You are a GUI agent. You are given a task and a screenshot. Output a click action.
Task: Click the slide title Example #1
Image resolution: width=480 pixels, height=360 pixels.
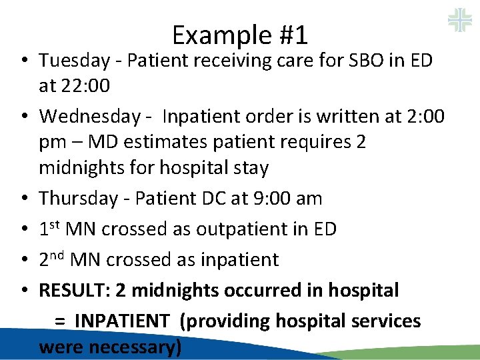pyautogui.click(x=239, y=34)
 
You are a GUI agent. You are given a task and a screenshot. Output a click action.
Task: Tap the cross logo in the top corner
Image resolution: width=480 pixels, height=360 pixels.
pyautogui.click(x=459, y=19)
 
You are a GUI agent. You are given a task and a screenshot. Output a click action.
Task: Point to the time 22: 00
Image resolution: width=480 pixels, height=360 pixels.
pyautogui.click(x=84, y=86)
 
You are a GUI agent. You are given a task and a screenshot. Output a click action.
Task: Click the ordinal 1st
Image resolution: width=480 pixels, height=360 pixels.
pyautogui.click(x=51, y=229)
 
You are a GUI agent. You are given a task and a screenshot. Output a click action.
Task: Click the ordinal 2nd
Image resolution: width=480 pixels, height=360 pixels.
pyautogui.click(x=53, y=259)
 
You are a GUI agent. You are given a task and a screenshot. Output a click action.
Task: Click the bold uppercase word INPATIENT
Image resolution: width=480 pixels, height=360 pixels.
pyautogui.click(x=121, y=321)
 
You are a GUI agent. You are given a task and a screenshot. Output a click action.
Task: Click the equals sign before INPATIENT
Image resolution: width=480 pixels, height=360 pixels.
pyautogui.click(x=59, y=321)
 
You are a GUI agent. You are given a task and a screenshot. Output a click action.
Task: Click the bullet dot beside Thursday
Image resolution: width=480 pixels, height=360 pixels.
pyautogui.click(x=23, y=199)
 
